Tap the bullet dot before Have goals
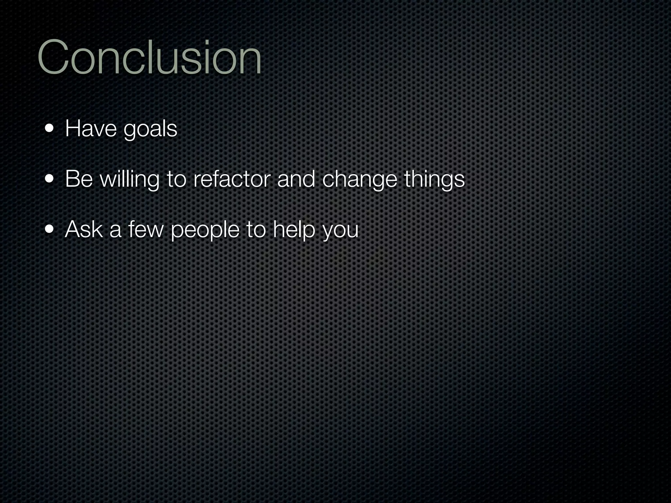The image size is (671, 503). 50,128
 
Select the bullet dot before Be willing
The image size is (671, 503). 50,179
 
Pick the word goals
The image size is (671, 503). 150,129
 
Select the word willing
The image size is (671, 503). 129,180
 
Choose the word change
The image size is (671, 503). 359,180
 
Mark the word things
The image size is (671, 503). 434,180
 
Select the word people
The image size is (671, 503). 205,230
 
